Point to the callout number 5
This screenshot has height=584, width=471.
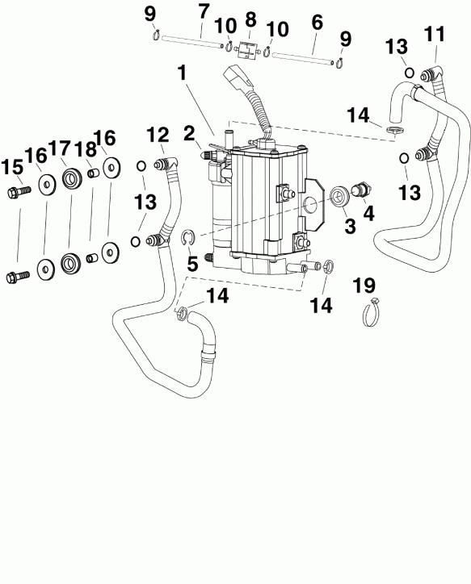point(192,263)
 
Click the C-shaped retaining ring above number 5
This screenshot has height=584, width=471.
point(188,236)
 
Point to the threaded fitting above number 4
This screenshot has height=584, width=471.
point(360,191)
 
